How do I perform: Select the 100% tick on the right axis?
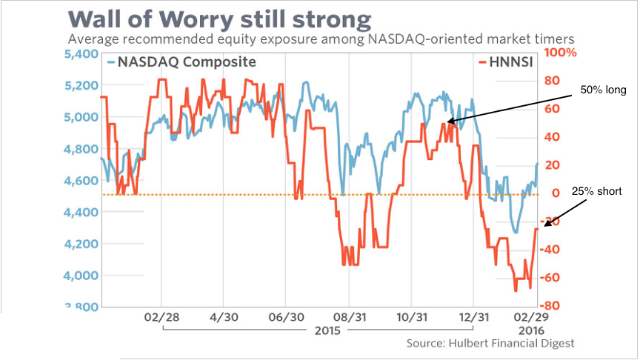(x=561, y=53)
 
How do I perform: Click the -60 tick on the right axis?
(x=555, y=278)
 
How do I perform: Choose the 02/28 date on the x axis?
(x=160, y=316)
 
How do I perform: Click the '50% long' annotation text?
(x=602, y=90)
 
